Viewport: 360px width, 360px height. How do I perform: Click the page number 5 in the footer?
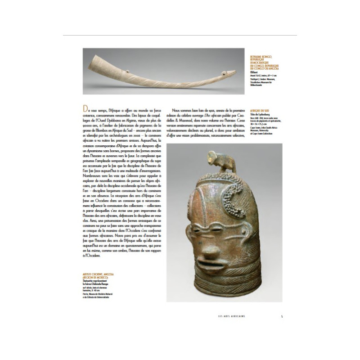[281, 315]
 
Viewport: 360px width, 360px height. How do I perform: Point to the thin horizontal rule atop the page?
[180, 35]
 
